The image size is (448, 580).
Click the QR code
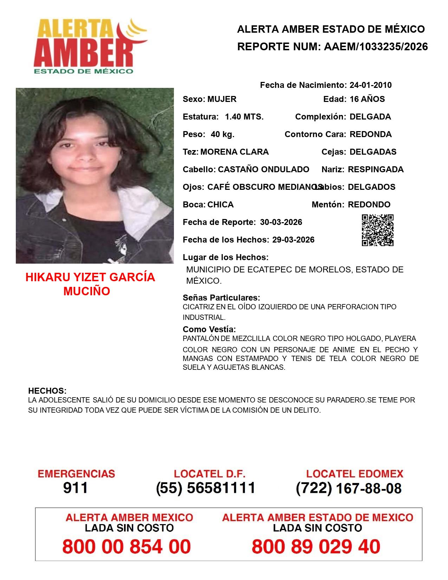tap(378, 230)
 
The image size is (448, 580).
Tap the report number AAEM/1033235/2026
tap(376, 47)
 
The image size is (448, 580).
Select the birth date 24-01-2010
tap(370, 85)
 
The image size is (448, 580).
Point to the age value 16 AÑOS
tap(367, 99)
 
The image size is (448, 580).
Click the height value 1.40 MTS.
tap(244, 117)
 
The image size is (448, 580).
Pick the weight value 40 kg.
tap(222, 134)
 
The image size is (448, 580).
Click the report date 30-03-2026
tap(281, 222)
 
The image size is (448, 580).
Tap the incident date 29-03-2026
tap(293, 240)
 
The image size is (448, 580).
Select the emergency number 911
tap(76, 488)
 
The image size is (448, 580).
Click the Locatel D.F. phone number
tap(206, 488)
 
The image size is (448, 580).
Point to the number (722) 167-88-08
tap(349, 488)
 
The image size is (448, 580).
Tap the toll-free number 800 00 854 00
tap(126, 547)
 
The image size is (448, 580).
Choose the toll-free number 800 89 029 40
tap(316, 547)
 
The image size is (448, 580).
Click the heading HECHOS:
tap(47, 391)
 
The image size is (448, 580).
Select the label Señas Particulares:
tap(221, 298)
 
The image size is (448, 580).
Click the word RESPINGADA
tap(376, 169)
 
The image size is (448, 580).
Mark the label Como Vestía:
tap(209, 329)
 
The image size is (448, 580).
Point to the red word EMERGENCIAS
tap(76, 474)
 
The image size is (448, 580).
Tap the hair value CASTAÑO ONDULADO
tap(264, 169)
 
